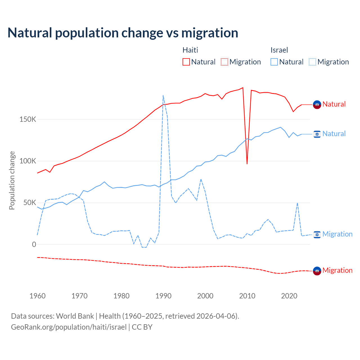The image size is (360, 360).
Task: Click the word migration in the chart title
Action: [x=210, y=33]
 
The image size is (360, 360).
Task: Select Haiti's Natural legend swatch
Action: [x=186, y=62]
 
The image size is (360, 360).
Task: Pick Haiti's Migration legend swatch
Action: [x=224, y=62]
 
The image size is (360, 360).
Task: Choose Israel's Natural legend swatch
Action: [x=274, y=62]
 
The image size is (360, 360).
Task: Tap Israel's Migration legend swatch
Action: [x=312, y=62]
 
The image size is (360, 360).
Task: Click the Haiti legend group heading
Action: [x=190, y=50]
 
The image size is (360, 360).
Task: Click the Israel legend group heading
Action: [x=279, y=50]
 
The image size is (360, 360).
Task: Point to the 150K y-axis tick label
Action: [x=28, y=120]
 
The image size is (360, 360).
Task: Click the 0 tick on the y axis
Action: [x=34, y=244]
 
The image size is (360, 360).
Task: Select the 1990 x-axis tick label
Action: [x=163, y=296]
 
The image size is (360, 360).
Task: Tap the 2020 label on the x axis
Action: [x=289, y=296]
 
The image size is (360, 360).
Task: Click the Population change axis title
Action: [x=12, y=180]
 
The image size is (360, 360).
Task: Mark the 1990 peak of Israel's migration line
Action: [x=163, y=96]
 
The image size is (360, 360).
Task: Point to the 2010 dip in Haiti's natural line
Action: [x=247, y=164]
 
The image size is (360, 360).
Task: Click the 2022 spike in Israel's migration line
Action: [x=297, y=203]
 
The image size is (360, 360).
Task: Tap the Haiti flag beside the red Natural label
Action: [x=317, y=105]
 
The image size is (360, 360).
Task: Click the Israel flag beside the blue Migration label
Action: [x=317, y=234]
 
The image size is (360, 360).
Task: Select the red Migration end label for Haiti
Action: [x=337, y=271]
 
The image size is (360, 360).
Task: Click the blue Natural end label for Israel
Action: [x=334, y=134]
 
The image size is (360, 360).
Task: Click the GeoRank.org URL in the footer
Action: [x=69, y=327]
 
